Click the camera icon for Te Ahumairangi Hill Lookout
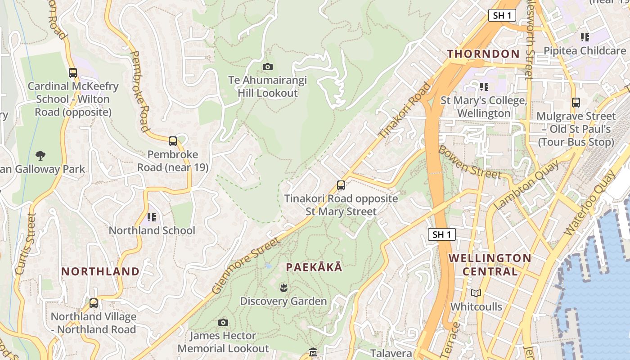[268, 67]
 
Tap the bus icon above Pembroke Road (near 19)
[173, 141]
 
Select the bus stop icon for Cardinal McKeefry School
[73, 72]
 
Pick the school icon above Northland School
[152, 217]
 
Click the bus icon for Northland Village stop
[94, 303]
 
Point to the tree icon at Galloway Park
[40, 156]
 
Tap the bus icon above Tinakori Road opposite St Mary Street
[341, 185]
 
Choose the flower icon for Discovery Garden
[283, 287]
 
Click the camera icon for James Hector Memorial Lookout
[223, 322]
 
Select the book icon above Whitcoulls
[476, 293]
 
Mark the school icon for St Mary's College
[484, 86]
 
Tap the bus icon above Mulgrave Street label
[576, 103]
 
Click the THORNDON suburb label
[483, 54]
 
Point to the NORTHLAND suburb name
[100, 271]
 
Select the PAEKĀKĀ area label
[314, 267]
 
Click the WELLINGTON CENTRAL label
[490, 265]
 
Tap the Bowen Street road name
[469, 162]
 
